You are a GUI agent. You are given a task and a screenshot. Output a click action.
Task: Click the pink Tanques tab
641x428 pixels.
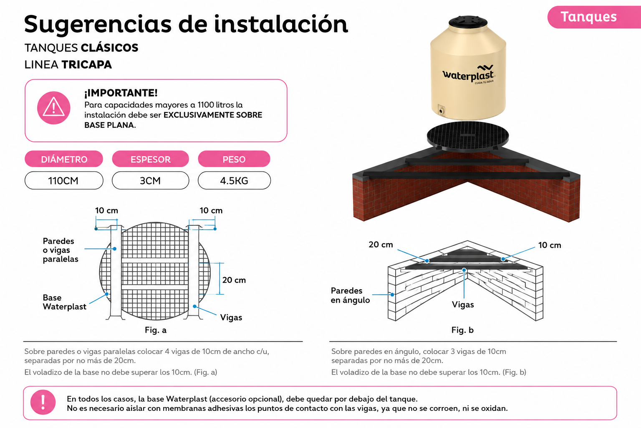(x=594, y=17)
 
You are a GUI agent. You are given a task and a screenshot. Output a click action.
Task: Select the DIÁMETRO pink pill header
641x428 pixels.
(x=64, y=159)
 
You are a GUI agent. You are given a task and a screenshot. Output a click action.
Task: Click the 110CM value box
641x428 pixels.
(x=64, y=181)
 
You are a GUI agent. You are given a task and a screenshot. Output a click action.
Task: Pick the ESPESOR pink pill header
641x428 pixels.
(x=151, y=159)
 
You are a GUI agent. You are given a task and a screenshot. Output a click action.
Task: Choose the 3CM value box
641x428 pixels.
(x=151, y=181)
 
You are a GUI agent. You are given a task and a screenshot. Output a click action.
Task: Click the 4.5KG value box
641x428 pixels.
(x=234, y=181)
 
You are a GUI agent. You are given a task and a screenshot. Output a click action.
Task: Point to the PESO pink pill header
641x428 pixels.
(x=234, y=159)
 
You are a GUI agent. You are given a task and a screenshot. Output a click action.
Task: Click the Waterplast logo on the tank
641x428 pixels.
(x=469, y=74)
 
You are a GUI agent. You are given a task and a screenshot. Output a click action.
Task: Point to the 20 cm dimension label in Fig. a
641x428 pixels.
(x=234, y=280)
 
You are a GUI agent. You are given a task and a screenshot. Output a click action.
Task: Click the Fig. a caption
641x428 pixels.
(x=156, y=330)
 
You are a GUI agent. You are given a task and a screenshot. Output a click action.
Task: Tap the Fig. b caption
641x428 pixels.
(x=462, y=330)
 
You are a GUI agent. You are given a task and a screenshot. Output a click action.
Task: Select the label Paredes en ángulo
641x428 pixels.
(x=350, y=295)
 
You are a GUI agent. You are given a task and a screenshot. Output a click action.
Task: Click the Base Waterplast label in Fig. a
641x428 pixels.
(x=64, y=302)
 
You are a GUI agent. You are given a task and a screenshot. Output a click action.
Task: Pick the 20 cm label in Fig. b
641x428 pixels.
(x=381, y=245)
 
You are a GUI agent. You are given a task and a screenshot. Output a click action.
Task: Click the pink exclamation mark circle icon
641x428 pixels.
(x=43, y=402)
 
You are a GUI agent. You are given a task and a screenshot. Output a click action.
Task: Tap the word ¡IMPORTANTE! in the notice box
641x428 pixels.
(x=121, y=93)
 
